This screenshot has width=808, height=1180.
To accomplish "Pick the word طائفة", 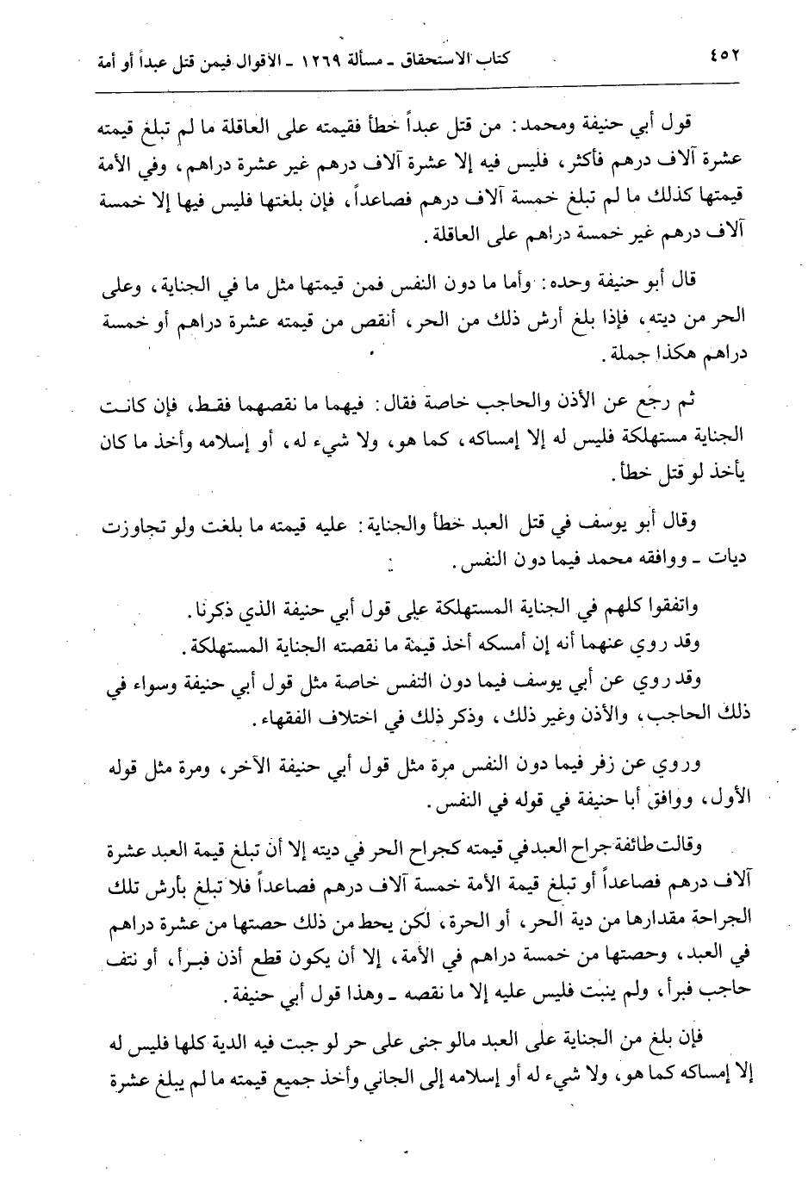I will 610,848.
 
